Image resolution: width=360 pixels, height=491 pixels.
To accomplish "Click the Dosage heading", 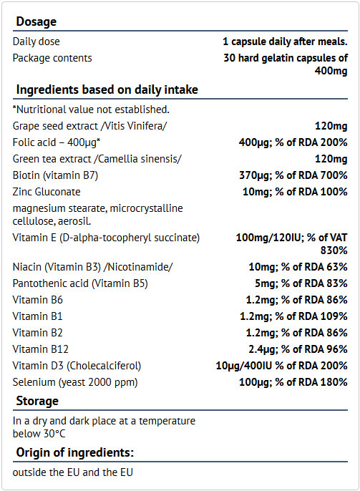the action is (37, 22).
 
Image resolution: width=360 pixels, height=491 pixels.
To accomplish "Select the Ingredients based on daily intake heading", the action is (107, 90).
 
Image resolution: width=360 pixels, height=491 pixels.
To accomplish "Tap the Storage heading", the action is (37, 401).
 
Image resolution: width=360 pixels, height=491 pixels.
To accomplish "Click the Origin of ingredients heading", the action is (75, 453).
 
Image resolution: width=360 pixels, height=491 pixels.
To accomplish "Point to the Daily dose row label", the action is (36, 42).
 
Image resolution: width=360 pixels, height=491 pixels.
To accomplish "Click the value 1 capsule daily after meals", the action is (285, 42).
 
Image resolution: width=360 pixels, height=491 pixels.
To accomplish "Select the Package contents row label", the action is (52, 58).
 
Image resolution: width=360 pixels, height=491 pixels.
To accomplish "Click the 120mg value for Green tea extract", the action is (331, 159).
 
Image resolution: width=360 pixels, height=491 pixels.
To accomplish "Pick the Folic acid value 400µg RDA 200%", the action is (293, 142).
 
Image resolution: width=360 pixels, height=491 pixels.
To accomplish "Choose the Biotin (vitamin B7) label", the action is (55, 175).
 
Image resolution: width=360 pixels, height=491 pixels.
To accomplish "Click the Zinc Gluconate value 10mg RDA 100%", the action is (295, 192).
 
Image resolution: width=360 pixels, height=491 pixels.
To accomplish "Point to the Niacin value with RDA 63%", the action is (298, 267).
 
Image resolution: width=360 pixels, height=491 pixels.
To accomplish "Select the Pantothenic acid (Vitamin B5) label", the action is (80, 283).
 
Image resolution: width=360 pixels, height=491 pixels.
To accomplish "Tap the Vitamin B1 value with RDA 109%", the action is (293, 316).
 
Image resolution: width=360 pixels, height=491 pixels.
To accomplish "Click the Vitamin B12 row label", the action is (40, 349).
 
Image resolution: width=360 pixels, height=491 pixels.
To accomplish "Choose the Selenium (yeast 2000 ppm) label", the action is (75, 382).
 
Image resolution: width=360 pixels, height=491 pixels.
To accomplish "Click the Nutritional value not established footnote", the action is (91, 110).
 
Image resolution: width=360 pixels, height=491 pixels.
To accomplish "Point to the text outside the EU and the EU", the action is (72, 472).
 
